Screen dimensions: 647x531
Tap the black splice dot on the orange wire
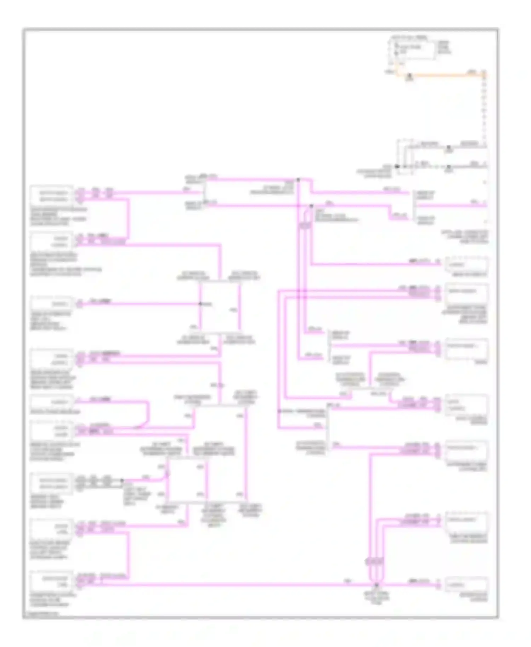pyautogui.click(x=410, y=75)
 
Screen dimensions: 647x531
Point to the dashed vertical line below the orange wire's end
pyautogui.click(x=484, y=110)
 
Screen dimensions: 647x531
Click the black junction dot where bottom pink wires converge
pyautogui.click(x=376, y=585)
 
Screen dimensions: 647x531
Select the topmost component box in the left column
pyautogui.click(x=52, y=196)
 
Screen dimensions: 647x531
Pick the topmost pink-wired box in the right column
pyautogui.click(x=467, y=264)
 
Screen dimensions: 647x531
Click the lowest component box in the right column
pyautogui.click(x=467, y=585)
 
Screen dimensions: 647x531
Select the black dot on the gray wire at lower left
pyautogui.click(x=122, y=481)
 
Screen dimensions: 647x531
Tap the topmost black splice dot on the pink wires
pyautogui.click(x=298, y=180)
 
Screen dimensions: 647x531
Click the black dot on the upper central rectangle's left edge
pyautogui.click(x=200, y=304)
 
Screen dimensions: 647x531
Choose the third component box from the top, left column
pyautogui.click(x=52, y=304)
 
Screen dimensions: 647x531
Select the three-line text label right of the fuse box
pyautogui.click(x=444, y=47)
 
